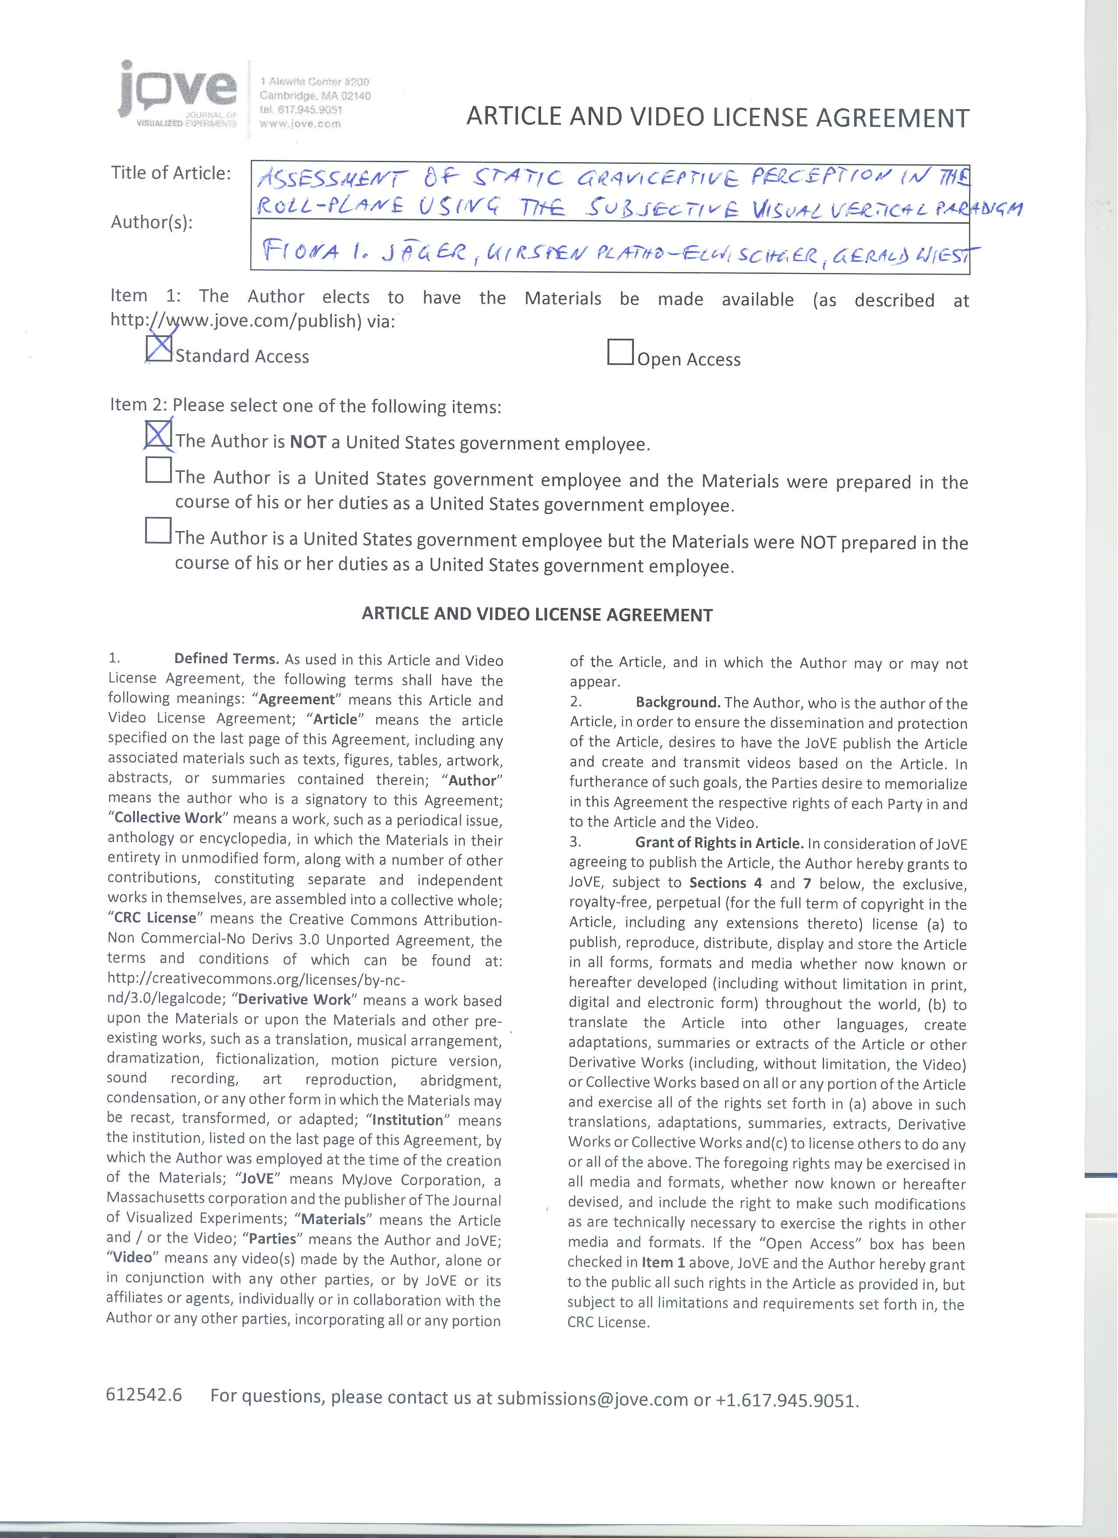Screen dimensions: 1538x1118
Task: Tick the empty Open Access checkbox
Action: click(x=620, y=352)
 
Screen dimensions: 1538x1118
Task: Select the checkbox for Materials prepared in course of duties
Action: click(x=158, y=469)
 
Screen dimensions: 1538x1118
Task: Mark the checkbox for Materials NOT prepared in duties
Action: click(x=158, y=530)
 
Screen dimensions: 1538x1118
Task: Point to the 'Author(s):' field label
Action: click(x=152, y=223)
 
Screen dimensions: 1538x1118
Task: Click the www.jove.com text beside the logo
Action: click(x=300, y=124)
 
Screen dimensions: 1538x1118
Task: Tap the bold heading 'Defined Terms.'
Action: click(x=227, y=659)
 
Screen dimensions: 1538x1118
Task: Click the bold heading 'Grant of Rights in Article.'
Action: click(x=719, y=843)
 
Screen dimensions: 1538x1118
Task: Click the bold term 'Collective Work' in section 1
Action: click(x=168, y=818)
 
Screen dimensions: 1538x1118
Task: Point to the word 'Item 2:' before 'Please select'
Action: click(x=139, y=405)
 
